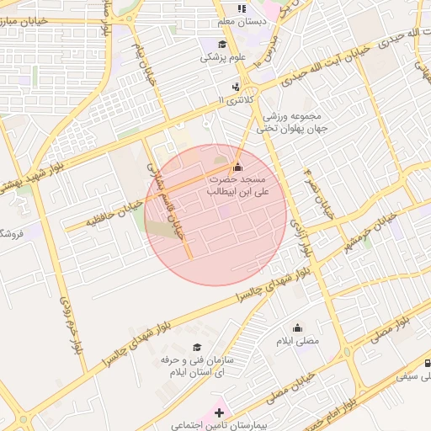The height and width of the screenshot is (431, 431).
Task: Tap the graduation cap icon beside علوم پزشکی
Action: point(222,45)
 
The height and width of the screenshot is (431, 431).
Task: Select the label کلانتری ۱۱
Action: point(236,100)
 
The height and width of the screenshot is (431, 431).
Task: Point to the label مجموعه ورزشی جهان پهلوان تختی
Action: point(278,122)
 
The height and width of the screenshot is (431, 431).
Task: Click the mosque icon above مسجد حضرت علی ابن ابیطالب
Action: point(237,165)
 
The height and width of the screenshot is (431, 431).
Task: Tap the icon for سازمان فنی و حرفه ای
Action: point(197,347)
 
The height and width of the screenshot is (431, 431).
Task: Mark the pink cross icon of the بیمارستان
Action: point(220,412)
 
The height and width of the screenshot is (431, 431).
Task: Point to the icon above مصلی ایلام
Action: point(297,328)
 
